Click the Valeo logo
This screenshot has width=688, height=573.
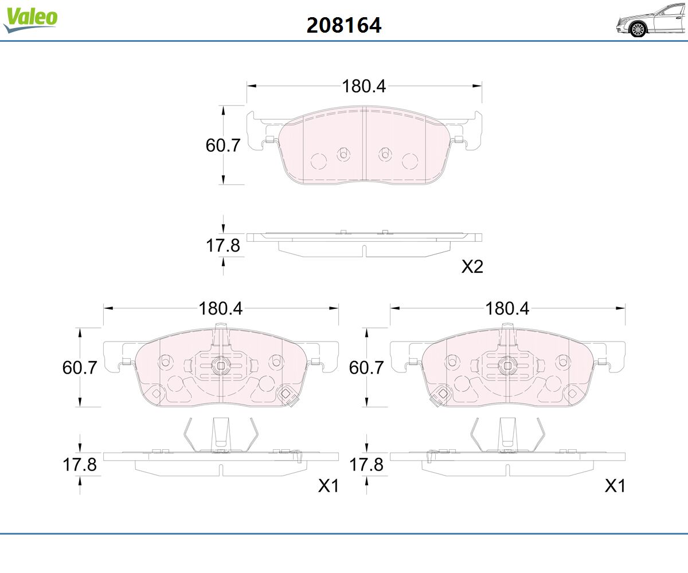tap(30, 19)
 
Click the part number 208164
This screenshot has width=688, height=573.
tap(343, 25)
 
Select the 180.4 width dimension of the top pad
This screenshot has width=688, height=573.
tap(363, 87)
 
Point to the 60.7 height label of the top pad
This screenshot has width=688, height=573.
tap(223, 145)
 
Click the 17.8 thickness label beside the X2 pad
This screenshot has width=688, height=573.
tap(223, 245)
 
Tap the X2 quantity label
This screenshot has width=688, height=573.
tap(472, 266)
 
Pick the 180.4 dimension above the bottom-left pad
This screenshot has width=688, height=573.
tap(220, 309)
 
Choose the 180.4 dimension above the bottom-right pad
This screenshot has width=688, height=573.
tap(507, 309)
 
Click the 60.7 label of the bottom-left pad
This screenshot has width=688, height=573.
tap(80, 367)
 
